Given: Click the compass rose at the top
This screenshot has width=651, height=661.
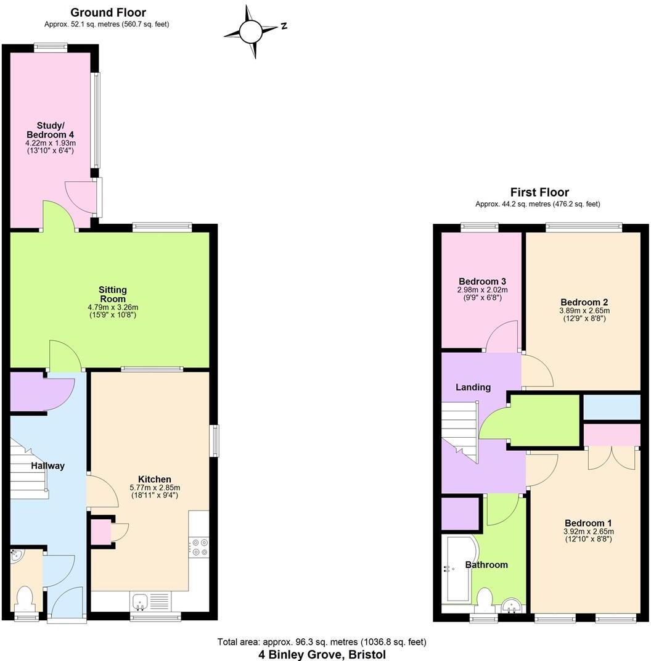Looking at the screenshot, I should click(x=252, y=31).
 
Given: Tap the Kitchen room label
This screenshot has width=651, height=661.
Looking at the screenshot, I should click(x=154, y=479).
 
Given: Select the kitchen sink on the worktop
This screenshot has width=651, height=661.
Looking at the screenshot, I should click(x=139, y=600).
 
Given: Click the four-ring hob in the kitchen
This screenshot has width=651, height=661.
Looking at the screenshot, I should click(x=200, y=546).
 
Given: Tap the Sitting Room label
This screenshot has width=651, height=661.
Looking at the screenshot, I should click(x=113, y=294).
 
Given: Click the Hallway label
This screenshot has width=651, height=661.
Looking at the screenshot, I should click(x=48, y=466).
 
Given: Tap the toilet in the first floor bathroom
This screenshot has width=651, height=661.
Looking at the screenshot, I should click(x=485, y=597).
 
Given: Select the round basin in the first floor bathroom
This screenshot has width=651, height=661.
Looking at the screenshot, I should click(x=511, y=607).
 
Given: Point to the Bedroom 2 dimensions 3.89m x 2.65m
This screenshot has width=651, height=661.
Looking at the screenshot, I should click(x=584, y=311).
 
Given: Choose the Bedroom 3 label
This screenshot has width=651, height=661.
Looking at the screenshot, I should click(x=481, y=281).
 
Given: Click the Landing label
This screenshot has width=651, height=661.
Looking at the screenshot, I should click(x=473, y=387).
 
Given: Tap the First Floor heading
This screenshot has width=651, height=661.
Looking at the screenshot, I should click(x=539, y=192).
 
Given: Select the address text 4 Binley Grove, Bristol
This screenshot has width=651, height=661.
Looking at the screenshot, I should click(x=322, y=654).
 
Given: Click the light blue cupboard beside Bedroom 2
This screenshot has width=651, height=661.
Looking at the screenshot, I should click(x=612, y=408).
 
